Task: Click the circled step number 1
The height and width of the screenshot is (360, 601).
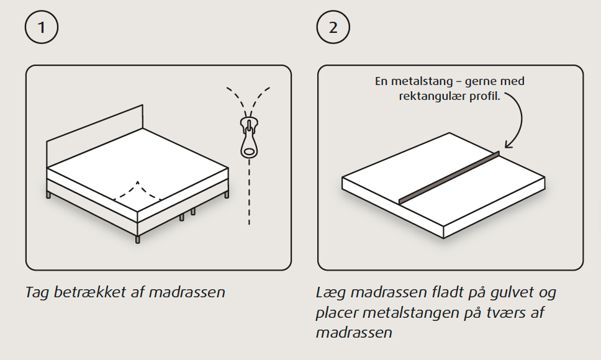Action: (42, 27)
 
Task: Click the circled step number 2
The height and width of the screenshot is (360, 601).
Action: (333, 27)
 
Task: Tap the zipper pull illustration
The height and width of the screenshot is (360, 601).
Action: (249, 137)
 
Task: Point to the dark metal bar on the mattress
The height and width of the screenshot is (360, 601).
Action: (450, 178)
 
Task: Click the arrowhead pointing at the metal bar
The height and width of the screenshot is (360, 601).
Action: (509, 145)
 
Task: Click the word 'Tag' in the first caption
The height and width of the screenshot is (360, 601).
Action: (37, 293)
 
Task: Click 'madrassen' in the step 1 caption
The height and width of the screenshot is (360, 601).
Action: (187, 292)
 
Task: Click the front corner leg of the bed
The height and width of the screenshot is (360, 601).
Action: (138, 238)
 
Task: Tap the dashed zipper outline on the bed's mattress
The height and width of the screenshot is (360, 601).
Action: (137, 191)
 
